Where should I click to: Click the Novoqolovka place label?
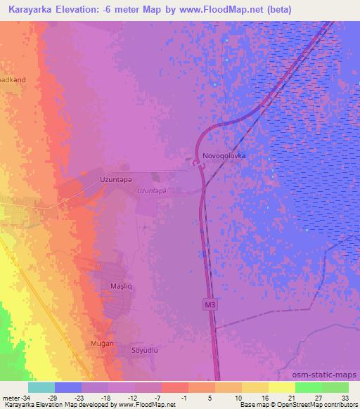click(x=224, y=155)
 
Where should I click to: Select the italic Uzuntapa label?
click(x=151, y=190)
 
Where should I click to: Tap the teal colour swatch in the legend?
click(x=41, y=387)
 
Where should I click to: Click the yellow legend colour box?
click(x=281, y=387)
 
